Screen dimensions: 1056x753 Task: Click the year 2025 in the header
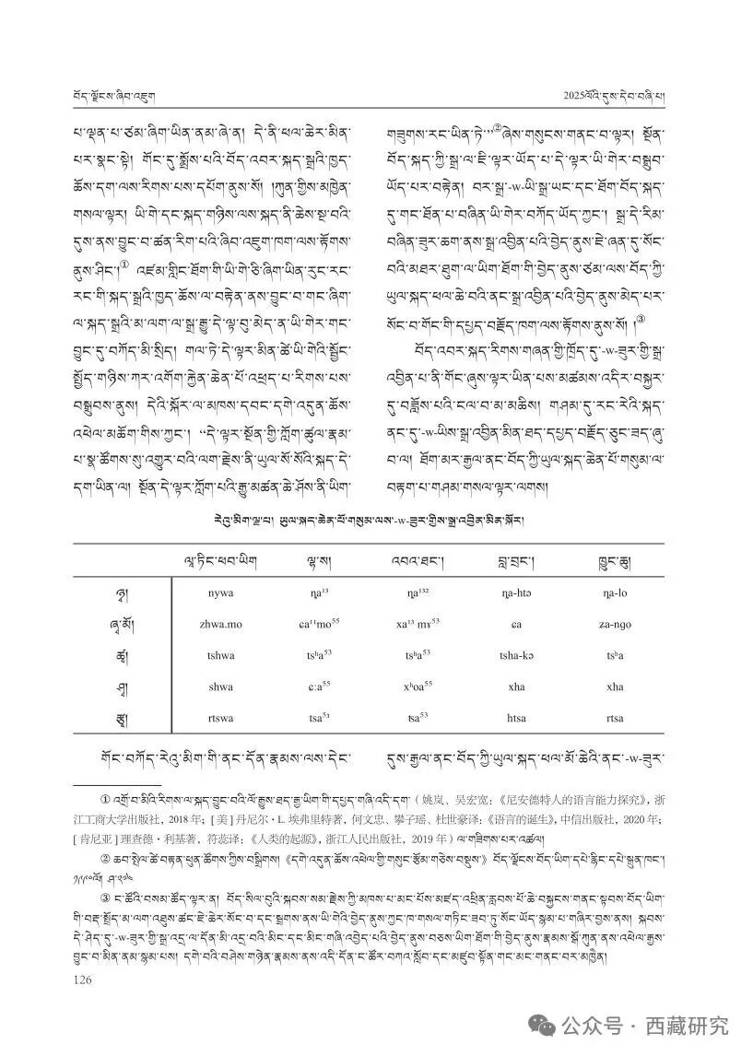pos(580,96)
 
